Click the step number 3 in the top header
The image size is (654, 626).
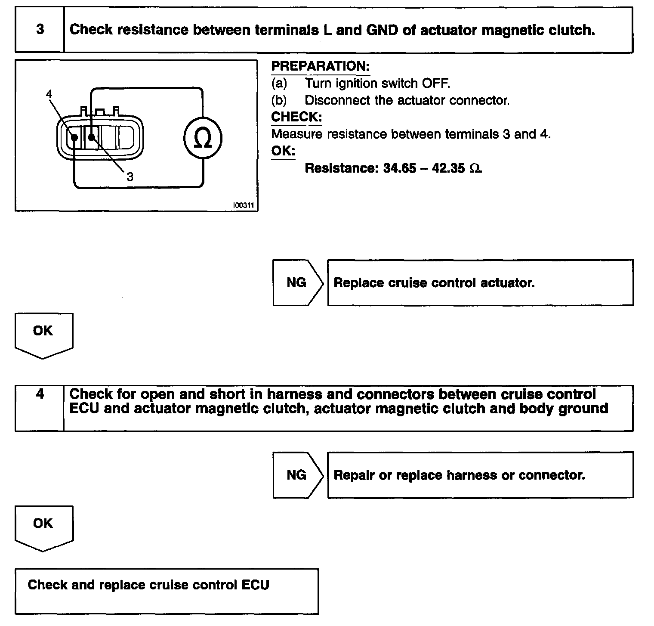(40, 29)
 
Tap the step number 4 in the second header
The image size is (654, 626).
(40, 394)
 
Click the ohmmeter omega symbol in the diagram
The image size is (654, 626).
(203, 139)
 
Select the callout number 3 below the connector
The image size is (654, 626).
(130, 176)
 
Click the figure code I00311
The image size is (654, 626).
(244, 206)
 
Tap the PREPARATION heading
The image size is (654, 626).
(320, 66)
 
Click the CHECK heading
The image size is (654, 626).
(296, 117)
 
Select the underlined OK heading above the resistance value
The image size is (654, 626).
(283, 151)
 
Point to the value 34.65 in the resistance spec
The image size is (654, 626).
(399, 168)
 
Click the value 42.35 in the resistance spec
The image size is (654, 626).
(448, 168)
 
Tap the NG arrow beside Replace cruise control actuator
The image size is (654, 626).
(297, 282)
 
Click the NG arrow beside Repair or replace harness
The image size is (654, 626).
(297, 475)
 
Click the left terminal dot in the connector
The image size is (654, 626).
(74, 138)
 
